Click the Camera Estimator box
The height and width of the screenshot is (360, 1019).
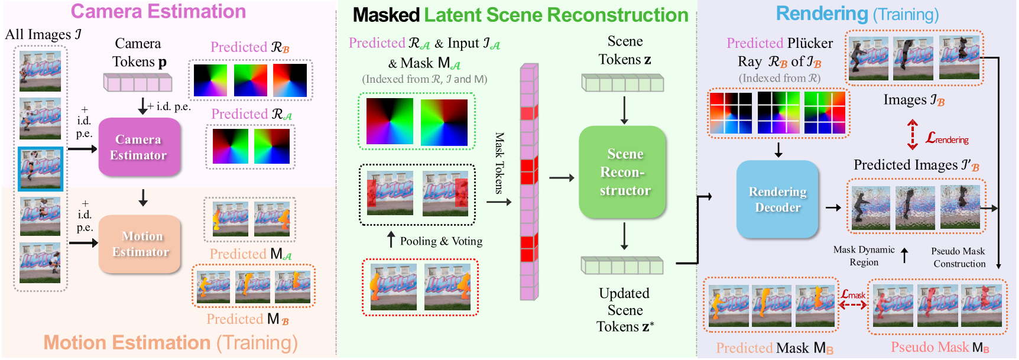139,147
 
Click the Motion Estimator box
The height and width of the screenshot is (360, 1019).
140,244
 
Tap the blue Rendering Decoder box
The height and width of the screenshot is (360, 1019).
777,199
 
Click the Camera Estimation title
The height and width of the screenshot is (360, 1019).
158,12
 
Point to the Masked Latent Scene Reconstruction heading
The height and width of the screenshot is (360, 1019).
520,15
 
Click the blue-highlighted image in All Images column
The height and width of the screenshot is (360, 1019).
40,169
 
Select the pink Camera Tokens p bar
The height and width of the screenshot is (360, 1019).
138,82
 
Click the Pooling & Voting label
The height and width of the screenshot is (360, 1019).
441,241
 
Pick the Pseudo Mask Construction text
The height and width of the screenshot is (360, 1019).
959,257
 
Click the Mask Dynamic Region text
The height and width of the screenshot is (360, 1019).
864,256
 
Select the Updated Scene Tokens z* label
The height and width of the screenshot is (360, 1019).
624,310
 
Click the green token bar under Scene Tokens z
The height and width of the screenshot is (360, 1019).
622,83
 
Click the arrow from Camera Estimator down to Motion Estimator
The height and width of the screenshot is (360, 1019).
143,197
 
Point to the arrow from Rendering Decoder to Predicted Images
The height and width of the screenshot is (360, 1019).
833,207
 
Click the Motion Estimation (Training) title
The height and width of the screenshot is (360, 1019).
170,343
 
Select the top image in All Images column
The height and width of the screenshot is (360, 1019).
40,71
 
